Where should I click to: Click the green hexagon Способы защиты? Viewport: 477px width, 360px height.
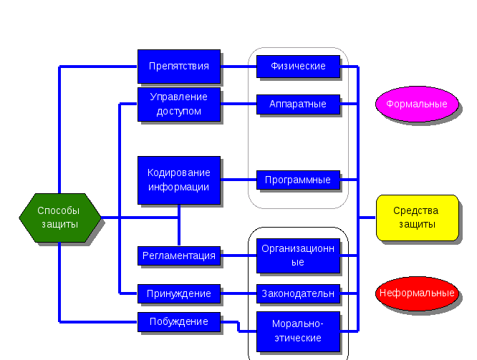click(59, 218)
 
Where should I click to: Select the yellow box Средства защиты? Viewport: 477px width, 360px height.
click(417, 218)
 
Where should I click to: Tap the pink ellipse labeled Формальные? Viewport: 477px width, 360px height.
click(417, 104)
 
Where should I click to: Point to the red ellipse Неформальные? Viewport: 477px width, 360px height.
click(417, 293)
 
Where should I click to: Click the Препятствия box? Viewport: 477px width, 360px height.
click(179, 67)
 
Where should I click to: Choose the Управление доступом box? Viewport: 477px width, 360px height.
click(179, 104)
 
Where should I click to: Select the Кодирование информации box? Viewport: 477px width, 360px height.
click(179, 180)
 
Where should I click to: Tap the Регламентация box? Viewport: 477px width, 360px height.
click(179, 256)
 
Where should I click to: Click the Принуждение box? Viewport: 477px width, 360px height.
click(179, 293)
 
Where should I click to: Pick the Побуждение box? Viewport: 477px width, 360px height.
click(179, 321)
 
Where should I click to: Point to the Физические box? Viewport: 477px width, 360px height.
click(298, 67)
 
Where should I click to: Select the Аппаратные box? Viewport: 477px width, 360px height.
click(298, 104)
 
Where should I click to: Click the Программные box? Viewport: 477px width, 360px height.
click(298, 180)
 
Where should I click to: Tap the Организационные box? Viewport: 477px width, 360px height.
click(298, 256)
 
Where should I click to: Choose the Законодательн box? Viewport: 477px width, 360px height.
click(298, 293)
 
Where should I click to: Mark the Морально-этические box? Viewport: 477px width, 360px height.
click(298, 331)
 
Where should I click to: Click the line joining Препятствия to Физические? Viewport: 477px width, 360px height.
click(238, 67)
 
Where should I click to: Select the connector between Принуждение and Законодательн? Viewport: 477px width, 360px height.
click(238, 293)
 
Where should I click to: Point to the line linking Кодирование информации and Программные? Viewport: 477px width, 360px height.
click(238, 179)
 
